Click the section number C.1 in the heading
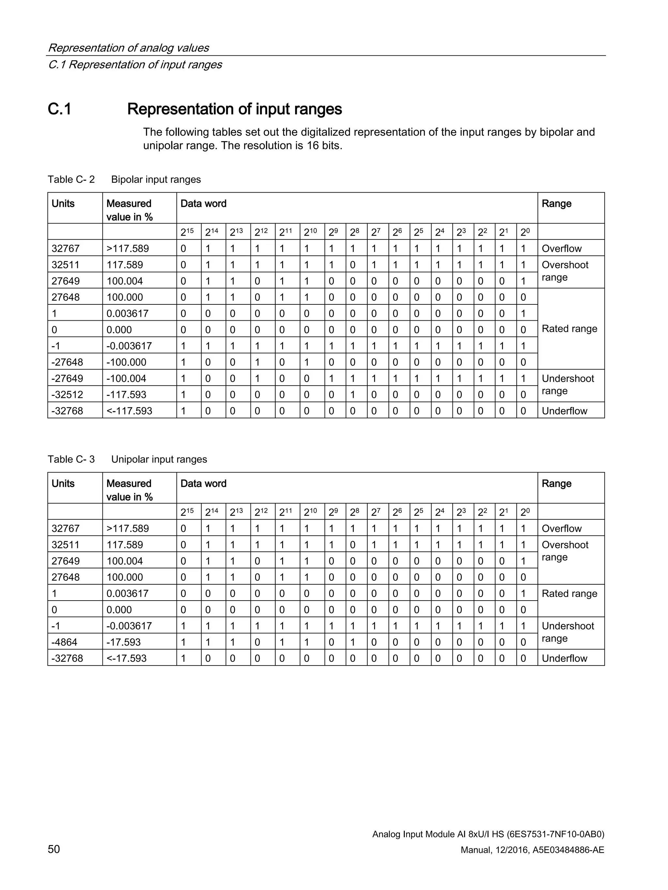click(x=60, y=109)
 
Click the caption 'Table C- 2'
click(x=71, y=180)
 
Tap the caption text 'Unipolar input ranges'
click(x=159, y=459)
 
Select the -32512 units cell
click(x=67, y=394)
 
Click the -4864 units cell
click(x=65, y=642)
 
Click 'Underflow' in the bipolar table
click(x=564, y=411)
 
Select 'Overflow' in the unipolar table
click(x=561, y=528)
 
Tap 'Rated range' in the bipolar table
click(x=569, y=329)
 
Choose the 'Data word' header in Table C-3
click(x=203, y=483)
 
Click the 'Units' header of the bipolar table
click(x=63, y=204)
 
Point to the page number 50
click(x=54, y=849)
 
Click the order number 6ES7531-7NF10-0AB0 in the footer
click(x=556, y=834)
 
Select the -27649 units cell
click(x=67, y=378)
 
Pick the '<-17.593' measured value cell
click(x=127, y=658)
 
